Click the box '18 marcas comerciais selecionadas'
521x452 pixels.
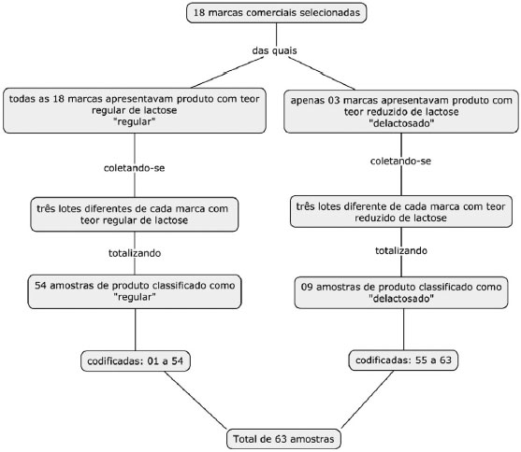coord(277,13)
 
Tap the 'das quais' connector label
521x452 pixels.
coord(274,50)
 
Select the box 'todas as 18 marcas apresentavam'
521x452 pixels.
coord(135,110)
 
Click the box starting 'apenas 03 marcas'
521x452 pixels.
coord(401,111)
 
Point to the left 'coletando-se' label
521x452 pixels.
coord(135,168)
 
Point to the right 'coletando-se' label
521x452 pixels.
coord(400,161)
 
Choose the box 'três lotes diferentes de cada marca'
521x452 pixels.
coord(135,215)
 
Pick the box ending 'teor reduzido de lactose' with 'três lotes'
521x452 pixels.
coord(401,212)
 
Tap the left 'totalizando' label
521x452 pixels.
coord(135,253)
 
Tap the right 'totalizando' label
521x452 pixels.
coord(401,250)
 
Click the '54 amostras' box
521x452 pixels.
coord(135,291)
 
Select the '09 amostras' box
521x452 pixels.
coord(401,292)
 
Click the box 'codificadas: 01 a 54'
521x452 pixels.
coord(136,360)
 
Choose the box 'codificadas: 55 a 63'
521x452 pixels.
coord(403,360)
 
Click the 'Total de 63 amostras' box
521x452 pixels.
coord(283,439)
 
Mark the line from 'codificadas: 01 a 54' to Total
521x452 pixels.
coord(195,400)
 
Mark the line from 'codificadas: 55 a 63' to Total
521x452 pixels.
coord(368,400)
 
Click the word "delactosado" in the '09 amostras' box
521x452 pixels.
coord(401,299)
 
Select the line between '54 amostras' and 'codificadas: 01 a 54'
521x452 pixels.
coord(136,330)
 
